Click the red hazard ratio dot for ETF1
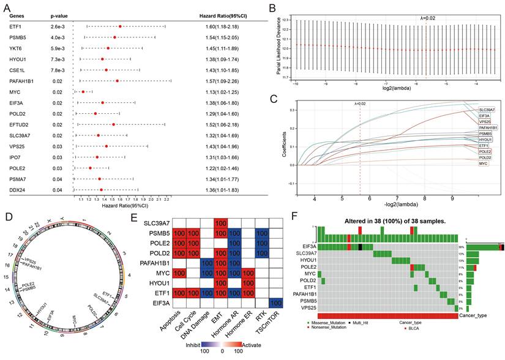point(120,26)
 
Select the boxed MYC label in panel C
point(484,164)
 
